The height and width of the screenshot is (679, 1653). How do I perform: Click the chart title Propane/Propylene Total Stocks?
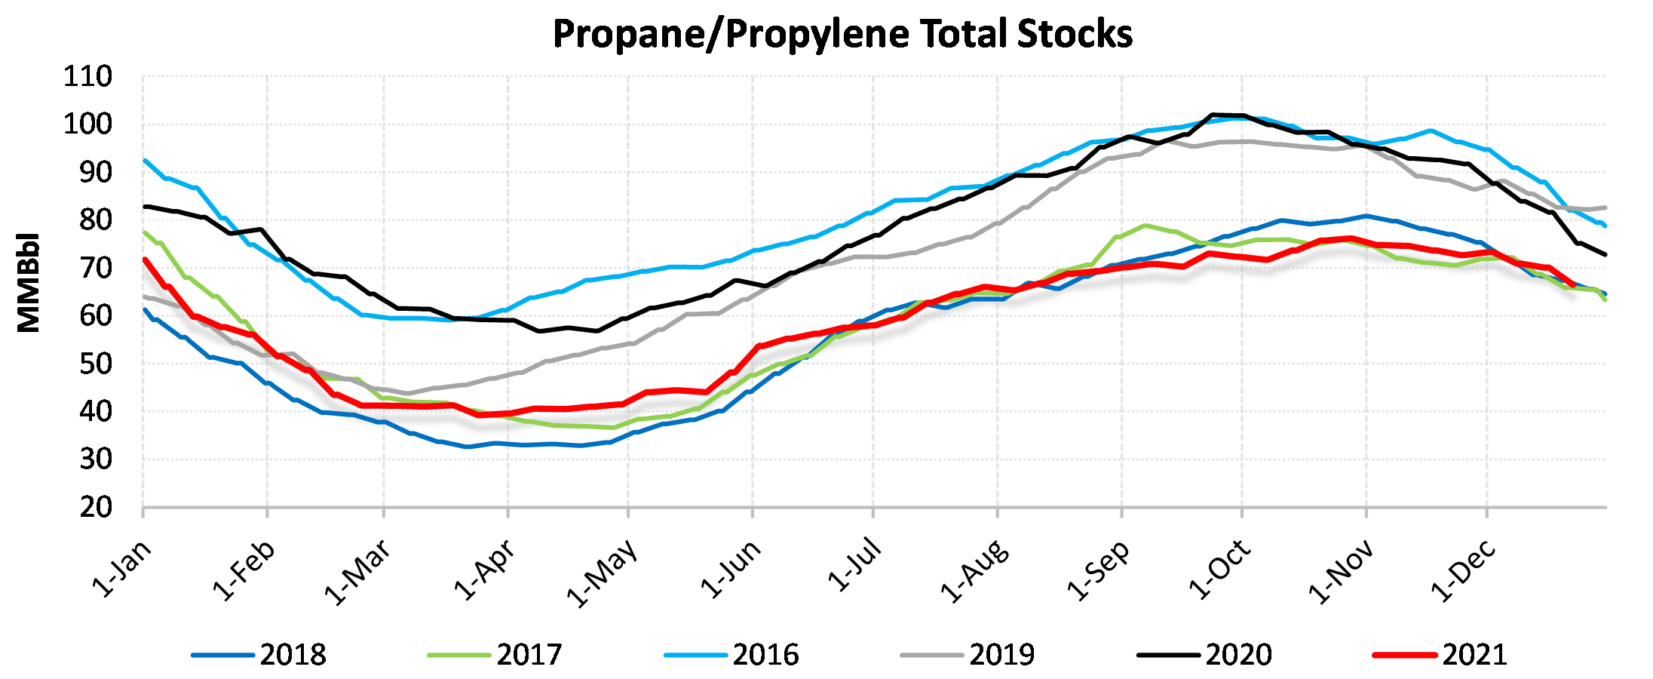842,35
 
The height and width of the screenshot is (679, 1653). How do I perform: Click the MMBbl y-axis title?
29,282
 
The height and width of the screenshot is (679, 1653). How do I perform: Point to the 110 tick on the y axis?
88,76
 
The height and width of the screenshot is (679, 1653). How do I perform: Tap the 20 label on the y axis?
96,508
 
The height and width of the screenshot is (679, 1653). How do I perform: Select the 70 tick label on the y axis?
96,268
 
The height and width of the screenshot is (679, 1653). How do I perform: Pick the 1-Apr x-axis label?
485,570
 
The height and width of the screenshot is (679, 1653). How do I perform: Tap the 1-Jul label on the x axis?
854,564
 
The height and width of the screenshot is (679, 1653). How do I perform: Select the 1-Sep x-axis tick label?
1098,570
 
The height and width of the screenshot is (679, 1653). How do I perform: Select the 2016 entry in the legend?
731,654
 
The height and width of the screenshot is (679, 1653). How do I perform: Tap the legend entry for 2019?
968,654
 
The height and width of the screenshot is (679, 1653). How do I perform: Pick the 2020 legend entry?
1205,654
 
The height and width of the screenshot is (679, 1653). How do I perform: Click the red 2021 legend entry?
1441,654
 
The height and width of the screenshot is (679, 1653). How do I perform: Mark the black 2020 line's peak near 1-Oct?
1213,115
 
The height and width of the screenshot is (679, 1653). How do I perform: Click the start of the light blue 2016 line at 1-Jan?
145,161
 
